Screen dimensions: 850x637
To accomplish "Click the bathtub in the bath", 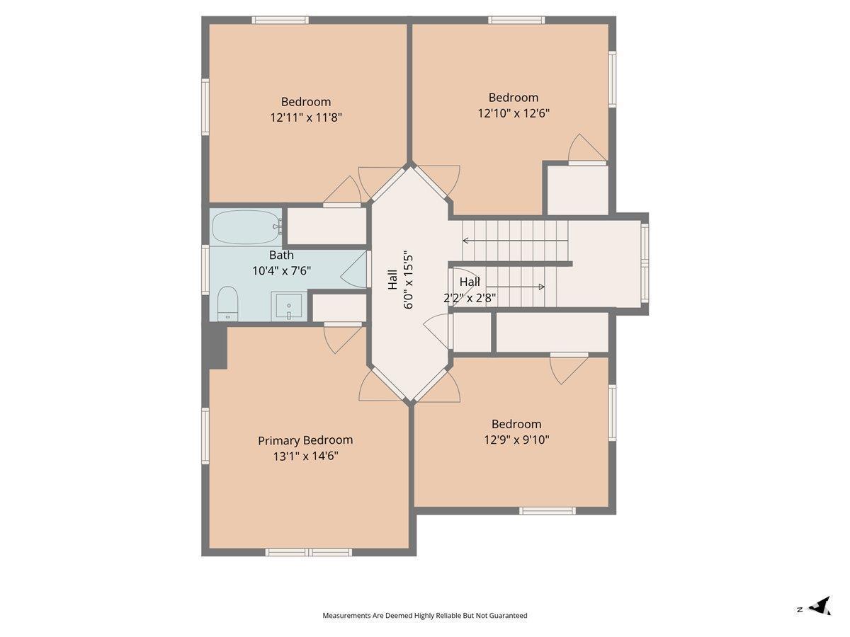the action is [246, 227].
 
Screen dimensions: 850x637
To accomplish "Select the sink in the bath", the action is [289, 306].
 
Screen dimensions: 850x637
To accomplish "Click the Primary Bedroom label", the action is [305, 440].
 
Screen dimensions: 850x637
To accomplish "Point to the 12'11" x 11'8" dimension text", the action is [306, 117].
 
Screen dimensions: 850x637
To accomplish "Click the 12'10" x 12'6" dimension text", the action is [514, 113].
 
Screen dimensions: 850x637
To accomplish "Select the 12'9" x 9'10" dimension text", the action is [516, 440].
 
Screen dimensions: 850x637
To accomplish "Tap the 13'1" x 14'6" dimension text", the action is [305, 457].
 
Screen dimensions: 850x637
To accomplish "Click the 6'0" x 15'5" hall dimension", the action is [409, 282].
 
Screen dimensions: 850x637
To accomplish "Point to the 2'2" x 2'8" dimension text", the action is [470, 298].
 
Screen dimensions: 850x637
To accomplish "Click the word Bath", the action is [281, 256].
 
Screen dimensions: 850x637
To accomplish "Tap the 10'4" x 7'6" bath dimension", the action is [281, 271].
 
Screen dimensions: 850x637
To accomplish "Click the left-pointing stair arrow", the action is [516, 241].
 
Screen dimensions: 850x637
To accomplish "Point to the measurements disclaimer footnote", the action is [425, 615].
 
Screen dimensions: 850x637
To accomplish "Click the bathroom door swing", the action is [353, 269].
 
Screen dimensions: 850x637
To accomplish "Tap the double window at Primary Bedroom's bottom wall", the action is [309, 552].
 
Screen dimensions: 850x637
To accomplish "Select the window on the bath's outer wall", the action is [205, 270].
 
